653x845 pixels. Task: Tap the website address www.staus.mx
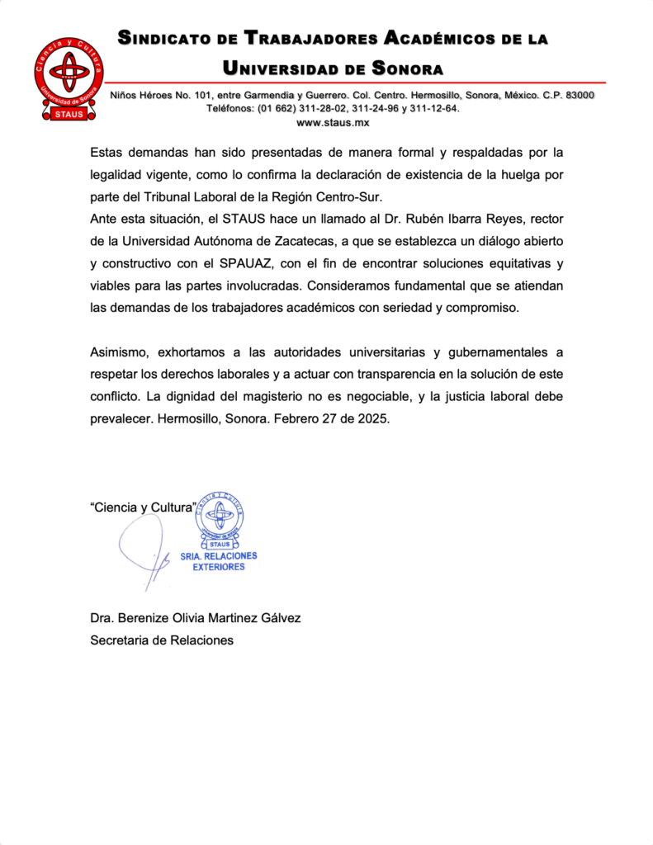[x=333, y=123]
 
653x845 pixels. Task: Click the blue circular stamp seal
[x=219, y=517]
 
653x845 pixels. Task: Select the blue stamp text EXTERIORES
[x=219, y=568]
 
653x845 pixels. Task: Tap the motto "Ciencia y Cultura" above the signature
[x=142, y=507]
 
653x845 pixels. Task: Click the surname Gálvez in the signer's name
[x=279, y=618]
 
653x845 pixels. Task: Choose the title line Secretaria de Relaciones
[x=162, y=640]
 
